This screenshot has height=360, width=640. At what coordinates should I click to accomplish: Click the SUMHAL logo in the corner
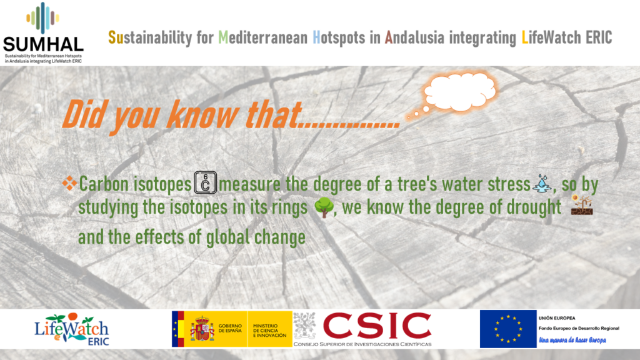pyautogui.click(x=43, y=32)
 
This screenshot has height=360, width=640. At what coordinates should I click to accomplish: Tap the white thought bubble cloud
pyautogui.click(x=460, y=92)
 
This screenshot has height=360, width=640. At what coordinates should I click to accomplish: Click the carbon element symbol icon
pyautogui.click(x=205, y=182)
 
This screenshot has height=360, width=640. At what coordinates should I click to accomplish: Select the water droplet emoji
pyautogui.click(x=542, y=183)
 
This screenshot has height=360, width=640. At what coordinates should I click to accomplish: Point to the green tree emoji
pyautogui.click(x=324, y=207)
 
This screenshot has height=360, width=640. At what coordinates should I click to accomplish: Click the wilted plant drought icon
pyautogui.click(x=582, y=204)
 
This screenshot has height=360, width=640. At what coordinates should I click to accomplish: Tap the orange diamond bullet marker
pyautogui.click(x=69, y=183)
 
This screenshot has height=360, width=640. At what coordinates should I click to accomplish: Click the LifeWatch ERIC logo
pyautogui.click(x=72, y=329)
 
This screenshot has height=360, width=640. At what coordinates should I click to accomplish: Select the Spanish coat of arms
pyautogui.click(x=202, y=329)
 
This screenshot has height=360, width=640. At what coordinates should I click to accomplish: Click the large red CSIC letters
pyautogui.click(x=377, y=326)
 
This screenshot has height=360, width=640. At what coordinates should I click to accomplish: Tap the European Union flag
pyautogui.click(x=508, y=329)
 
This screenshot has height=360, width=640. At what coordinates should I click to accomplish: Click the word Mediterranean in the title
pyautogui.click(x=263, y=37)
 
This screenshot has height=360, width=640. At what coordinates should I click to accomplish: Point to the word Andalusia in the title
pyautogui.click(x=414, y=37)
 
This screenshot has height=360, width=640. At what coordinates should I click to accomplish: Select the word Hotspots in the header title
pyautogui.click(x=339, y=37)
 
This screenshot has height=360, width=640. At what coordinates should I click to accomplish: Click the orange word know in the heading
pyautogui.click(x=202, y=115)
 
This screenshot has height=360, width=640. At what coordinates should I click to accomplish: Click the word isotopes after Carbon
pyautogui.click(x=162, y=184)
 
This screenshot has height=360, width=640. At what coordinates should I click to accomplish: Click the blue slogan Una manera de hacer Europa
pyautogui.click(x=572, y=340)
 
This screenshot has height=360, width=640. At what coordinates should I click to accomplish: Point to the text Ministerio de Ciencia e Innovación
pyautogui.click(x=270, y=331)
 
